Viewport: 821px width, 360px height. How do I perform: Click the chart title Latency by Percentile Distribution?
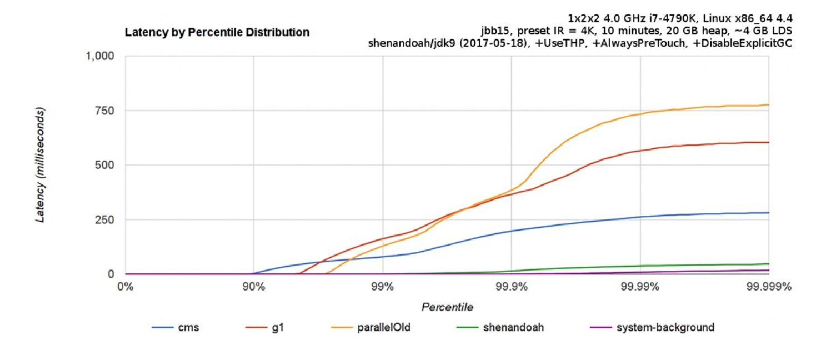[217, 32]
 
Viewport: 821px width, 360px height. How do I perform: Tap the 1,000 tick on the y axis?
[99, 56]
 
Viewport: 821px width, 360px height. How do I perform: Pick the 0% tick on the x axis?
[126, 287]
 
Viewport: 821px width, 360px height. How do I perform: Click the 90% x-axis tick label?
[254, 287]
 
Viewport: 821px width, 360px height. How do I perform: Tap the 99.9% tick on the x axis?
[511, 287]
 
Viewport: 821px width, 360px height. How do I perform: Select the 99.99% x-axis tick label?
[640, 287]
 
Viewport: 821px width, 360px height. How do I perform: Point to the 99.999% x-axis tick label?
[769, 287]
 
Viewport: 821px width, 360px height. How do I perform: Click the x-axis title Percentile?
[447, 307]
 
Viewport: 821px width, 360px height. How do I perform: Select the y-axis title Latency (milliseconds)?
[40, 165]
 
